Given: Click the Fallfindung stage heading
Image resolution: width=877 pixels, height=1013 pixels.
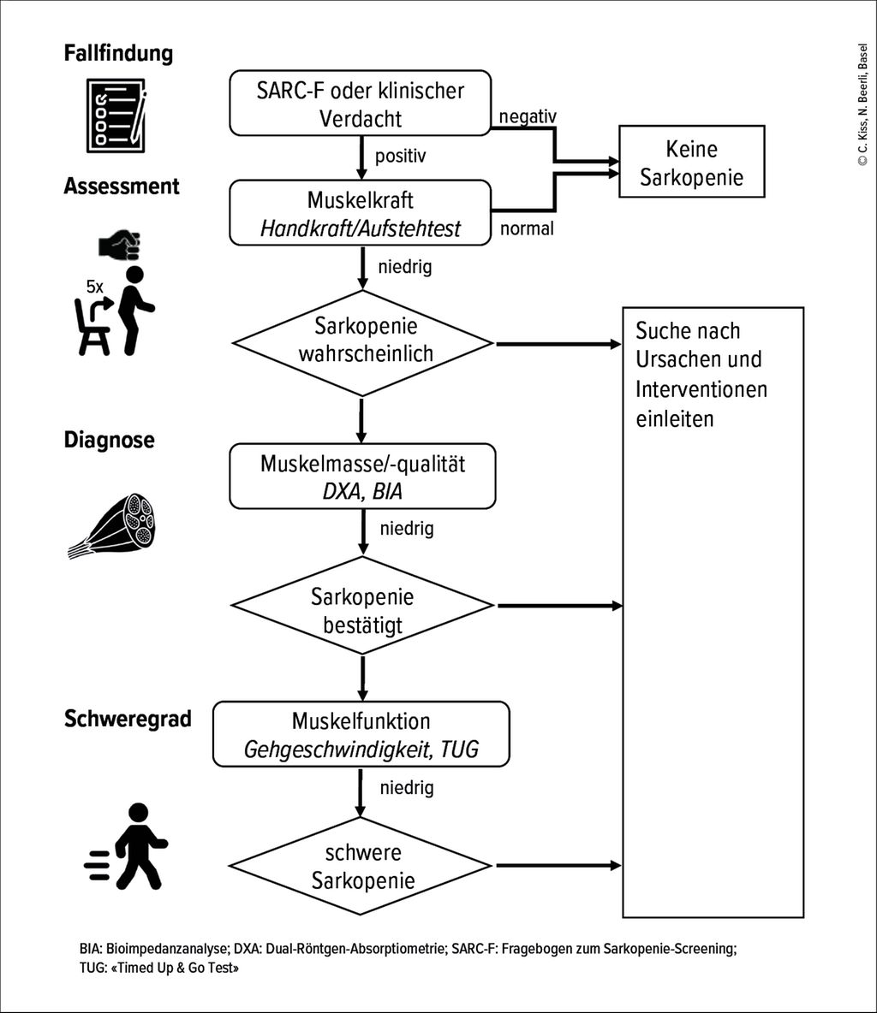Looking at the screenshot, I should click(118, 54).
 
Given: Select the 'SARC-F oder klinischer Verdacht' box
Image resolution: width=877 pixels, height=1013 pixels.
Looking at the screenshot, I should click(361, 104).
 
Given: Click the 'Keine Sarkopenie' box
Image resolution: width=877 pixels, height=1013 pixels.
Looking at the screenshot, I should click(691, 163).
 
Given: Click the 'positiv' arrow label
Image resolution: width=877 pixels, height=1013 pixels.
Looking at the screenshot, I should click(400, 157).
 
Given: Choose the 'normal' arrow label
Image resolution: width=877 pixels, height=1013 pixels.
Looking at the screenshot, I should click(526, 228).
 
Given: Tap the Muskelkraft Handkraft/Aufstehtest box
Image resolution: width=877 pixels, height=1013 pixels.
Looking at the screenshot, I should click(361, 214).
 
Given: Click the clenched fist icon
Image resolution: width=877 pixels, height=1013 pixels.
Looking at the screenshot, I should click(119, 246).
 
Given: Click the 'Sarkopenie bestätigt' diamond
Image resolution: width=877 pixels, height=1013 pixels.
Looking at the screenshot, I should click(362, 609).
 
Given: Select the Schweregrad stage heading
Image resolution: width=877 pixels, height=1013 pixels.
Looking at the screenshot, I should click(128, 719).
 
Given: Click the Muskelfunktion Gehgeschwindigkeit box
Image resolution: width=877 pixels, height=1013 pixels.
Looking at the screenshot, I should click(361, 734).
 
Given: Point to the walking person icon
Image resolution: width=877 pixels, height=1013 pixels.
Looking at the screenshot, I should click(128, 846).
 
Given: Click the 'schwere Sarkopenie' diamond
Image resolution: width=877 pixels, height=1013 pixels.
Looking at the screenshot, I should click(362, 867).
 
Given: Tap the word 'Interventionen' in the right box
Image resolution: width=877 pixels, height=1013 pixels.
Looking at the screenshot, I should click(701, 389).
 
